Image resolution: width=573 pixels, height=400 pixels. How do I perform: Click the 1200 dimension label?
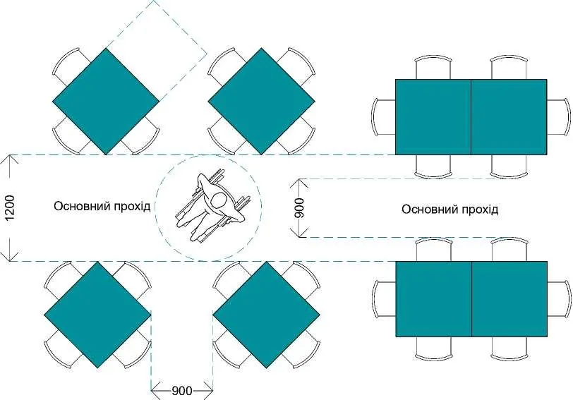(x=9, y=208)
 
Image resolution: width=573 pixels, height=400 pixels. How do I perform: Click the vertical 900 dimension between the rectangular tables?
(x=299, y=208)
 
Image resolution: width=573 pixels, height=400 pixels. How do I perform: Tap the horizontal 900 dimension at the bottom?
(x=181, y=391)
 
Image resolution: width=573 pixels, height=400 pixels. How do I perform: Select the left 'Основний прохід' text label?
(x=102, y=206)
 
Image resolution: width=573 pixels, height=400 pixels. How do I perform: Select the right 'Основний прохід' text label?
(x=450, y=210)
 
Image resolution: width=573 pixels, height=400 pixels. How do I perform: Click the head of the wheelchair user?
(x=219, y=200)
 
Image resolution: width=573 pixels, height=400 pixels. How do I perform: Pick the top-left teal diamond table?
(x=106, y=101)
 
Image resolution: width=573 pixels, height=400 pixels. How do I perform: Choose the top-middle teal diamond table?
(x=261, y=101)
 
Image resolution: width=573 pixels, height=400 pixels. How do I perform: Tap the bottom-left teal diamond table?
(x=97, y=315)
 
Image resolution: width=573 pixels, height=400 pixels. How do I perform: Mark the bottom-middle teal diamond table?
(x=267, y=315)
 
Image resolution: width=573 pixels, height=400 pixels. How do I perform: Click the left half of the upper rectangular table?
(x=433, y=117)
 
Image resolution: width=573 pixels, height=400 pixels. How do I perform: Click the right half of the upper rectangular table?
(x=509, y=117)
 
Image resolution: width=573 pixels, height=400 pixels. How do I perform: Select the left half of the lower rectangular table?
(x=433, y=299)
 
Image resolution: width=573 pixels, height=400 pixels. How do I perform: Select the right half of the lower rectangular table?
(x=509, y=299)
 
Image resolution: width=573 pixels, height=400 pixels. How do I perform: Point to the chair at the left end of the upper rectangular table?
(x=383, y=117)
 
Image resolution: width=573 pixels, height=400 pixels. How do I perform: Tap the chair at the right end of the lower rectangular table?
(x=559, y=299)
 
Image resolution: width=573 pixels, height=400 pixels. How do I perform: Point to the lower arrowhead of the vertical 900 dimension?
(x=299, y=233)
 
